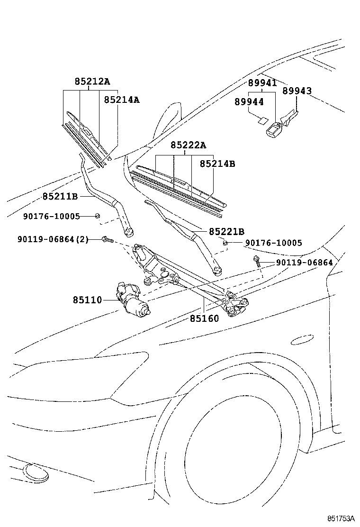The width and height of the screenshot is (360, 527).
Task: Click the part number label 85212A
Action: coord(92,82)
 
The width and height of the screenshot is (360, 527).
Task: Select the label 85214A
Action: coord(122,100)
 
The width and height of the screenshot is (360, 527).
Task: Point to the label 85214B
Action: coord(217,164)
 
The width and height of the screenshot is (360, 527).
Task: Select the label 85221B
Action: coord(226,232)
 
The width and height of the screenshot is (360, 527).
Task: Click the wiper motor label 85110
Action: coord(87,300)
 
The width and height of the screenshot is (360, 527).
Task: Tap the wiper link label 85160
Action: coord(205,318)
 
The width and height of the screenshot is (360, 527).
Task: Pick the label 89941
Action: coord(262,83)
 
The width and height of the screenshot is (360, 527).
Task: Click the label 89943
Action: coord(297,91)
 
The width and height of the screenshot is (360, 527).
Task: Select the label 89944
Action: coord(249,101)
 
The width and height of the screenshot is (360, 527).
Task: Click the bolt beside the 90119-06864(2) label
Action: coord(107,240)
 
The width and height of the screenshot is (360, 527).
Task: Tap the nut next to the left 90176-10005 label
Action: coord(97,216)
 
